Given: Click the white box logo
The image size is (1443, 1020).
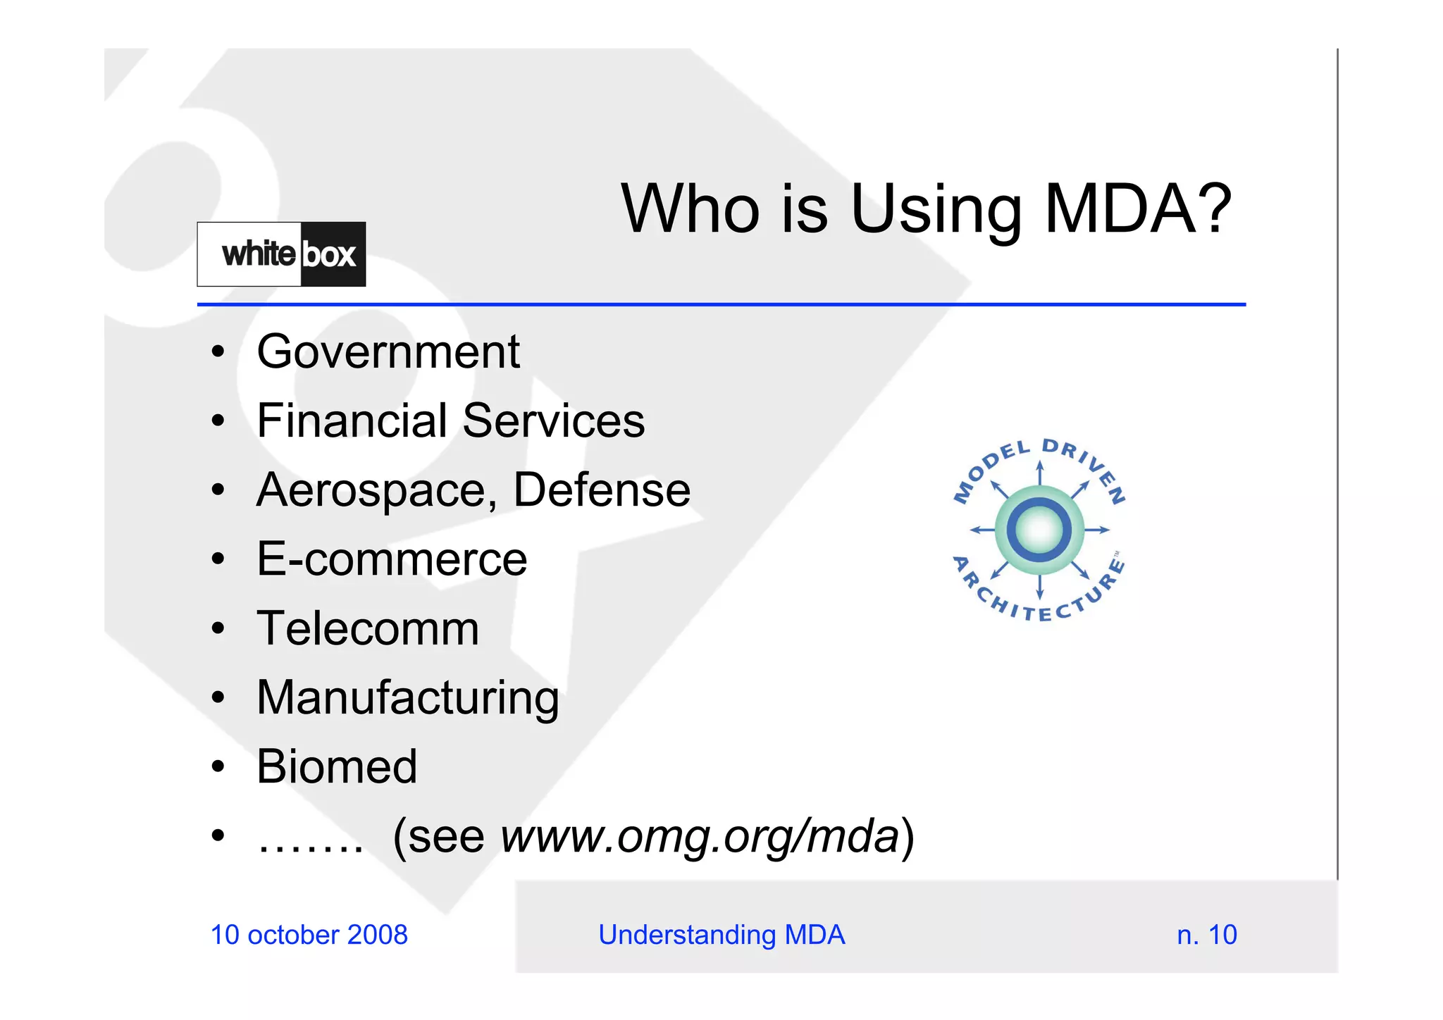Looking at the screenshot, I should click(281, 254).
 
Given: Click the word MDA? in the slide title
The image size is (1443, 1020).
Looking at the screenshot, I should click(1137, 209).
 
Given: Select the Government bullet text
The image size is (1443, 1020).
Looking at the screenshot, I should click(388, 352).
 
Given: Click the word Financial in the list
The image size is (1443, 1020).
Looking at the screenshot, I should click(352, 421).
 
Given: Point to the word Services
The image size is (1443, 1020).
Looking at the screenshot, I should click(554, 421).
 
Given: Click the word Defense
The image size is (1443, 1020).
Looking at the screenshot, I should click(602, 490).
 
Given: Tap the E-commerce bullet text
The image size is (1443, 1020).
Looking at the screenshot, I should click(392, 559).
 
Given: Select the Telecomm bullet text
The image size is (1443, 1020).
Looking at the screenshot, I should click(368, 628).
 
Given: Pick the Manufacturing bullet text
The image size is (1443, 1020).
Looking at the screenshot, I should click(408, 698).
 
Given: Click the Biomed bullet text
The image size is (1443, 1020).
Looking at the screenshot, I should click(337, 766).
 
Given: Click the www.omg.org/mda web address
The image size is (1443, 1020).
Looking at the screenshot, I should click(700, 836).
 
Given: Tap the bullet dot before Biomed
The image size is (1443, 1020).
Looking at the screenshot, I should click(218, 766).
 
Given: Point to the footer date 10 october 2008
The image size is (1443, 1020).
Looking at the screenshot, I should click(309, 935).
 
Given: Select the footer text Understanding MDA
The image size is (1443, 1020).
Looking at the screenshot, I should click(721, 935).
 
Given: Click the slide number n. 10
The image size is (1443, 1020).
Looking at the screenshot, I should click(1207, 935).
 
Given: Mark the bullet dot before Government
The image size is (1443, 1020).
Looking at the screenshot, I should click(218, 352).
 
